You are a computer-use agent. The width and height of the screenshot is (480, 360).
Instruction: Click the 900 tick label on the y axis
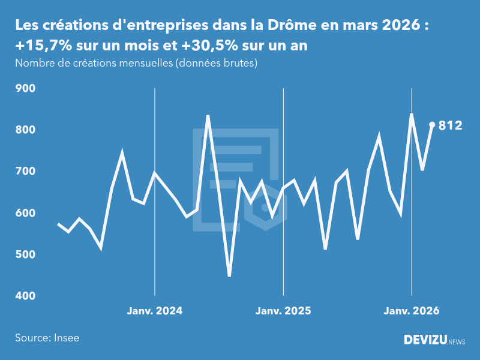click(25, 88)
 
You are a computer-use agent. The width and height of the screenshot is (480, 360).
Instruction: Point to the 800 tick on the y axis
click(25, 130)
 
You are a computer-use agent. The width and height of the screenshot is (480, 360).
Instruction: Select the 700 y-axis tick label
click(25, 172)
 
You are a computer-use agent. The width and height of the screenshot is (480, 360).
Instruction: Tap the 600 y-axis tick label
click(25, 213)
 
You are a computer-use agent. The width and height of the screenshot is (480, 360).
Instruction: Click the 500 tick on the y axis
click(25, 254)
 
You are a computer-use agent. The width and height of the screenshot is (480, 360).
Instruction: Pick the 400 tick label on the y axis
click(25, 296)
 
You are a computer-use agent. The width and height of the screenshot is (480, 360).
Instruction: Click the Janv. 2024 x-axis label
click(155, 311)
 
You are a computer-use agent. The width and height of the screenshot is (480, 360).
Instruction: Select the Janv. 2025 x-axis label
click(283, 311)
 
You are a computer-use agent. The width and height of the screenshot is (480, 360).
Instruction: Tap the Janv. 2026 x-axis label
click(412, 311)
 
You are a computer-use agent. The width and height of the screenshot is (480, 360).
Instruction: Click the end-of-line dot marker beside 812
click(432, 125)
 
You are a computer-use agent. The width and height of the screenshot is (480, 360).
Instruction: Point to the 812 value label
click(451, 125)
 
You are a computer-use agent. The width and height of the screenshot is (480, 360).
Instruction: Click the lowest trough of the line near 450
click(229, 275)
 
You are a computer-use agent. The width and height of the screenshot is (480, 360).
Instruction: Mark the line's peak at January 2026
click(412, 114)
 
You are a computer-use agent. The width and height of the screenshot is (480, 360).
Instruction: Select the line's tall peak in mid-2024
click(208, 116)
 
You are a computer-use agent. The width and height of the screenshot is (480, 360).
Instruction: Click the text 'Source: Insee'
click(47, 338)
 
